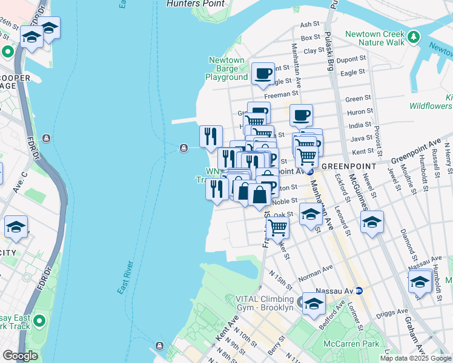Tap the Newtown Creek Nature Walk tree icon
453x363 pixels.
coord(414,37)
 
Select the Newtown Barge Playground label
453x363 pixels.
coord(226,68)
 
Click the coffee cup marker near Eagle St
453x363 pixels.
coord(263,74)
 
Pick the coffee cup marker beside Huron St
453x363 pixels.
coord(301,115)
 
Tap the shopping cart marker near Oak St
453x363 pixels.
coord(277,228)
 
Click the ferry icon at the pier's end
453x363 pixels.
coord(182,148)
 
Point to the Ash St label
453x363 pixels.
coord(309,24)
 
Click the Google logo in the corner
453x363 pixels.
coord(20,356)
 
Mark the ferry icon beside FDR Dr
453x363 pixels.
coord(47,139)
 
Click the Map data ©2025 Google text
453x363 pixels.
coord(415,358)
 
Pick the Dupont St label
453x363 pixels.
coord(352,60)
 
